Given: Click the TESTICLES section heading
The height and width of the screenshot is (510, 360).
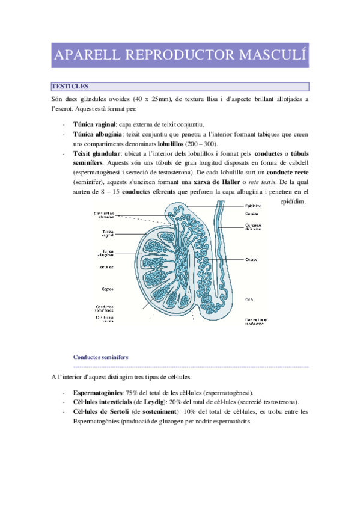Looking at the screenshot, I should click(x=70, y=87).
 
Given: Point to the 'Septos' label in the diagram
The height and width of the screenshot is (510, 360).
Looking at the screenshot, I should click(x=102, y=288).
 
